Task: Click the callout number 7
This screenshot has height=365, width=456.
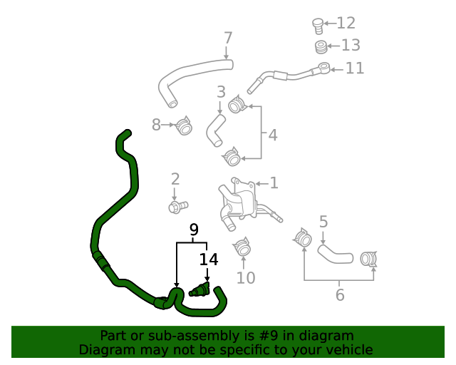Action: (228, 38)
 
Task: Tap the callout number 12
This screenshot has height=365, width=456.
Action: (346, 24)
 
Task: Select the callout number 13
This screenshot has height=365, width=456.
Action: (351, 46)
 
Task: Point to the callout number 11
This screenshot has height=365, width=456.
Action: (355, 68)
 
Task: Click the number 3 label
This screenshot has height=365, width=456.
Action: (221, 92)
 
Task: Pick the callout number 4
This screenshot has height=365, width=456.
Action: (272, 135)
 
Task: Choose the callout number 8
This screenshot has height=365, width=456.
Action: (157, 125)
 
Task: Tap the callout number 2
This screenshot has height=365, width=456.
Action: (175, 179)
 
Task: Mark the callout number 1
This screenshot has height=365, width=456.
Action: (274, 183)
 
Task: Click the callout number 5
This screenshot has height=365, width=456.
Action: (323, 222)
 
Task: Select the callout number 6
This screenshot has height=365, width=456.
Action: (340, 294)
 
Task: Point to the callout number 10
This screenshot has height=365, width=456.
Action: (245, 277)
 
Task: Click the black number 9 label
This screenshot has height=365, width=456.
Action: (193, 230)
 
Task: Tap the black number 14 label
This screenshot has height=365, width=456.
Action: (208, 259)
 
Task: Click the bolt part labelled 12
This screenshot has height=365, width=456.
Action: (318, 26)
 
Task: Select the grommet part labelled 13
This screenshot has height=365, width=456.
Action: (322, 48)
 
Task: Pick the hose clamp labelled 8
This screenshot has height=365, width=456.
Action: (185, 127)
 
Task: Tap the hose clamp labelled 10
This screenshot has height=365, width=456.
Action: (242, 247)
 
